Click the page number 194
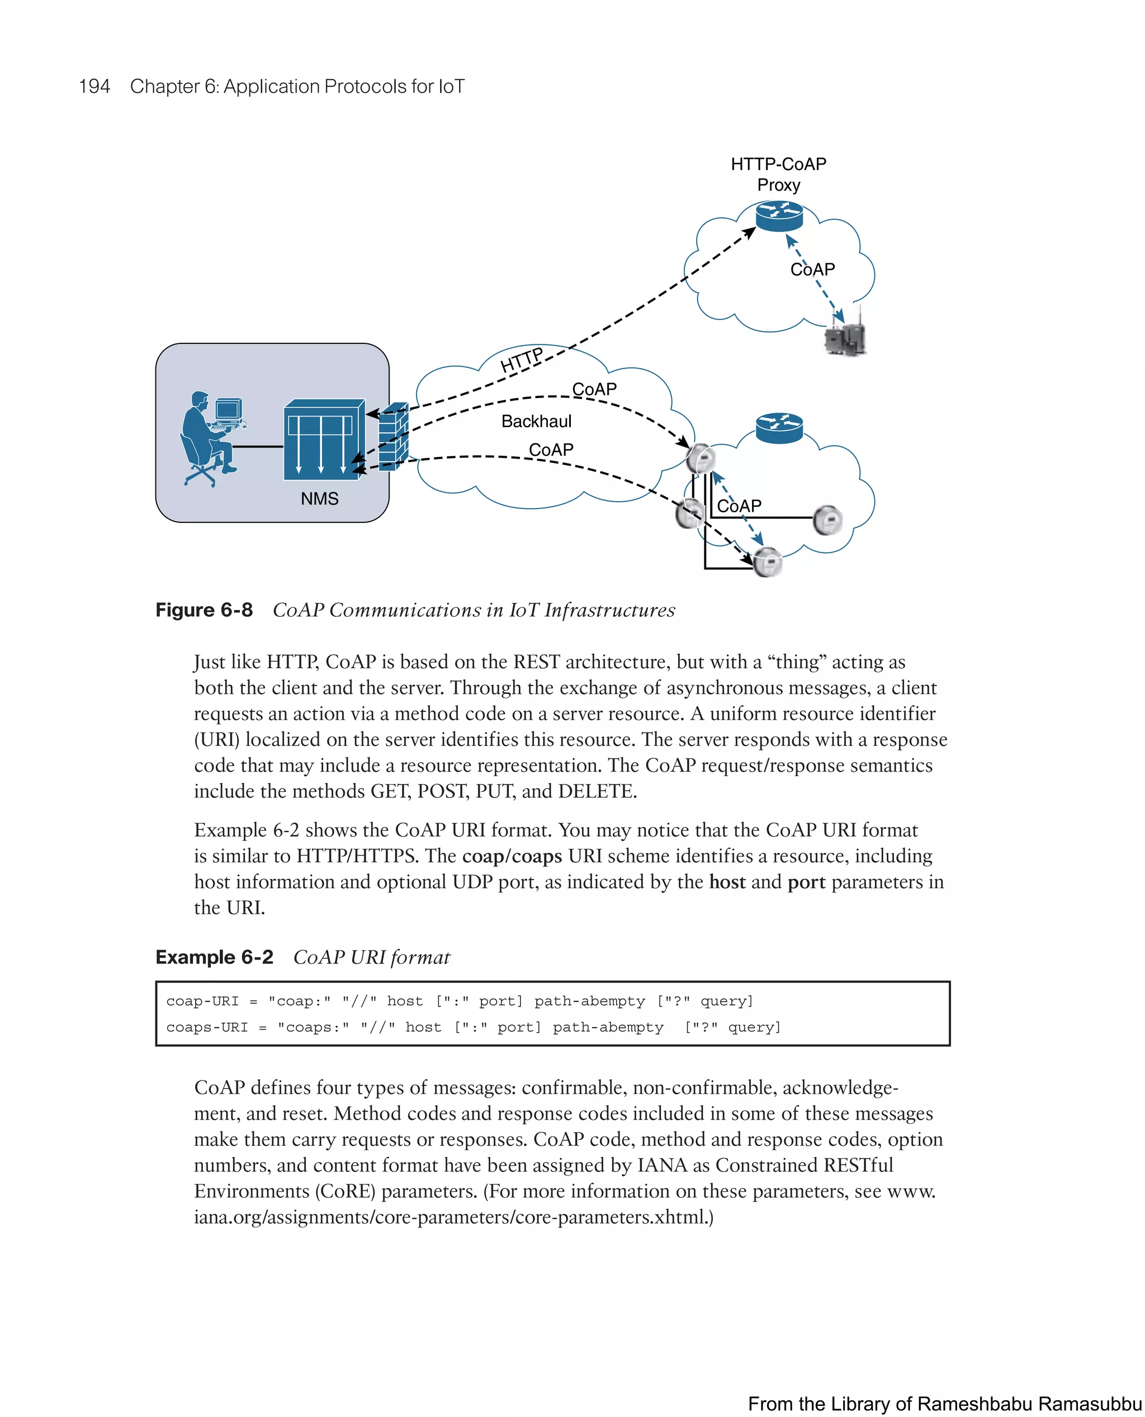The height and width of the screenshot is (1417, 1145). tap(94, 87)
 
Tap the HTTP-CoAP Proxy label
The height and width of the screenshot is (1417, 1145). tap(778, 174)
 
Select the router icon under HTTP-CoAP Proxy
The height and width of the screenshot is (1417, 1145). tap(779, 216)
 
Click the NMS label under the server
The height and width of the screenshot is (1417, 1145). tap(319, 499)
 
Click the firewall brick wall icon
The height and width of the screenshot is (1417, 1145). tap(393, 436)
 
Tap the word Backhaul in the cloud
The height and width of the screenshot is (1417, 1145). tap(536, 422)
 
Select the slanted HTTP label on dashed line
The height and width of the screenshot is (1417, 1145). tap(522, 360)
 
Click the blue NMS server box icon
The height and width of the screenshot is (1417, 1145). tap(324, 440)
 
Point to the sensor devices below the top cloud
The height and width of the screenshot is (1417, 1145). tap(845, 337)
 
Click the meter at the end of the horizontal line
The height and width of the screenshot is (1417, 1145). tap(827, 520)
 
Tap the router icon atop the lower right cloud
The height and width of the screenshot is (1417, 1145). tap(779, 429)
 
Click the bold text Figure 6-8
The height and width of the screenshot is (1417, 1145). tap(204, 610)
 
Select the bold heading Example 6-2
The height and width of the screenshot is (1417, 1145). tap(214, 957)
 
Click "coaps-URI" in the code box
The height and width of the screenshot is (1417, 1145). tap(206, 1027)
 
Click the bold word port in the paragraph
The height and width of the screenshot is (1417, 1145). tap(806, 882)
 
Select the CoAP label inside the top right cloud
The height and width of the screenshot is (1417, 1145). tap(812, 269)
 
